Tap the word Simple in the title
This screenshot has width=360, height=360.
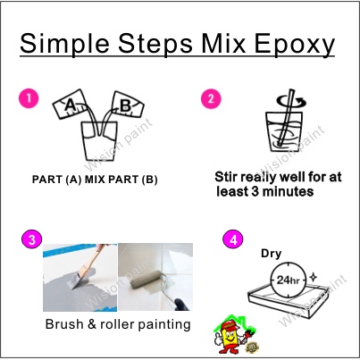[64, 45]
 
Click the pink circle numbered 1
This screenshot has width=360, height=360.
[29, 98]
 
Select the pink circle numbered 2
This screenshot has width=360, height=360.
[211, 98]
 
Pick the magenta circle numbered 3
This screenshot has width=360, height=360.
[32, 239]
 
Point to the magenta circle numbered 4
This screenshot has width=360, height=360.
[233, 239]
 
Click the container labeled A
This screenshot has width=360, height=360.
[69, 105]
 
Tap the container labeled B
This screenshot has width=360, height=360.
[127, 105]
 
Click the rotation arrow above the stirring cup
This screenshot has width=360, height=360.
[292, 102]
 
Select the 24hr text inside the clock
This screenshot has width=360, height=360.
[288, 280]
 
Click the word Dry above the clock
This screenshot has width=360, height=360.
[271, 254]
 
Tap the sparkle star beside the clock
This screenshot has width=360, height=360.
[313, 277]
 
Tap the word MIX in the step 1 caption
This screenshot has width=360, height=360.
[95, 180]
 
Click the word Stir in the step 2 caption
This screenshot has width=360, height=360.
[226, 177]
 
